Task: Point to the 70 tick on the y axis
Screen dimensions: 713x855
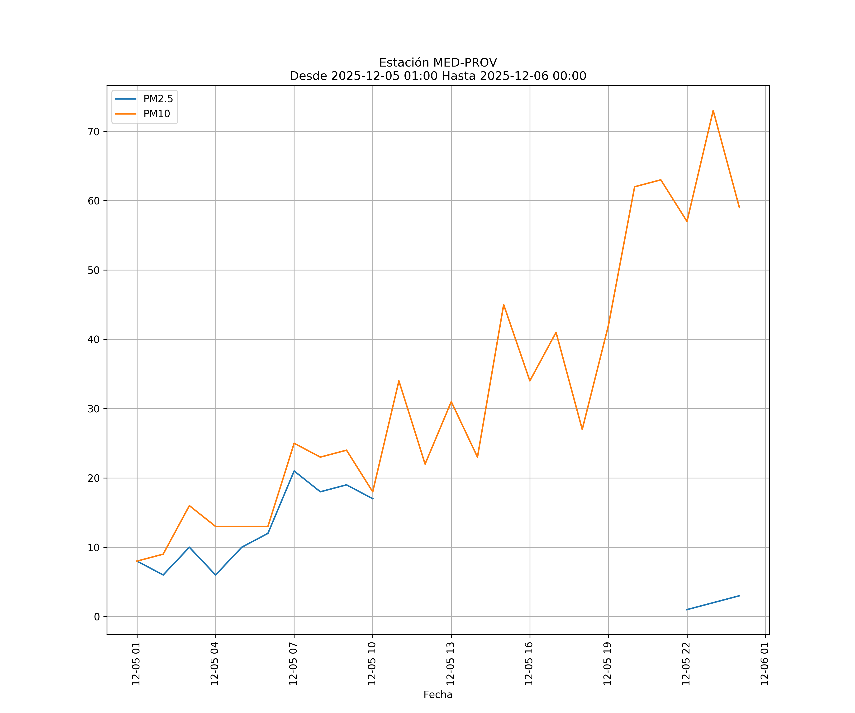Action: click(x=93, y=132)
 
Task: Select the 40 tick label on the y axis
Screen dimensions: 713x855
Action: click(x=93, y=339)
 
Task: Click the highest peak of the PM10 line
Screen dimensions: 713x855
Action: click(x=713, y=111)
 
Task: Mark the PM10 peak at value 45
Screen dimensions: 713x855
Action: click(x=504, y=304)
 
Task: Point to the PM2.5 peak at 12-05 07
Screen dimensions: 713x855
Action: click(x=294, y=471)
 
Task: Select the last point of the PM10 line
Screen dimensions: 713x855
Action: click(x=739, y=208)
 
